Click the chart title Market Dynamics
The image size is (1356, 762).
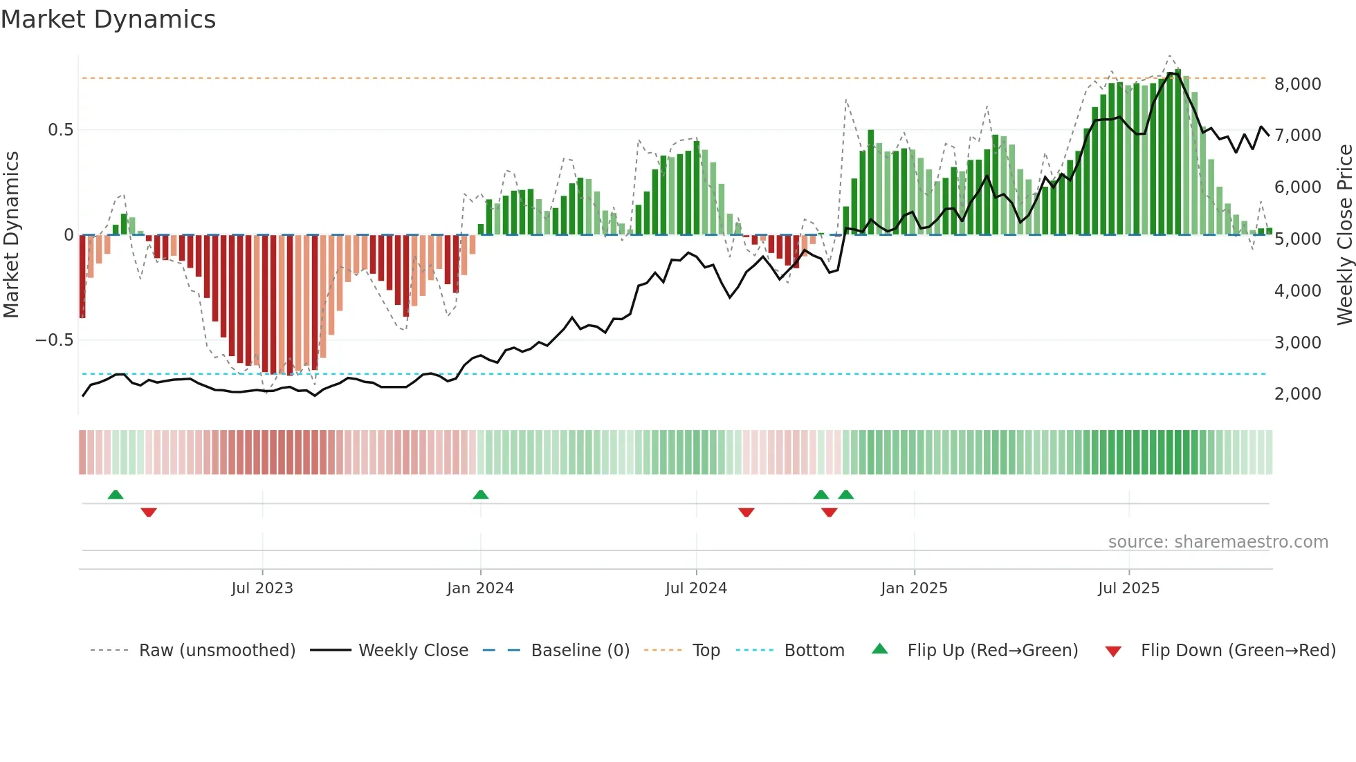[108, 19]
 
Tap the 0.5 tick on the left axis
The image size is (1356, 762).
[60, 130]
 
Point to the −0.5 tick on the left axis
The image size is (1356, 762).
[54, 340]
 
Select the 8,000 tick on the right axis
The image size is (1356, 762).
[1297, 84]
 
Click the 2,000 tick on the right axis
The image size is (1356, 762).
[1297, 394]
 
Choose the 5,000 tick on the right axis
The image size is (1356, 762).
[1297, 239]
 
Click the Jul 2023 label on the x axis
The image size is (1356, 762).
[262, 588]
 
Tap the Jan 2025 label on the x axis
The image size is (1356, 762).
[914, 588]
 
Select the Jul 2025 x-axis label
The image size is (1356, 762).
[1128, 588]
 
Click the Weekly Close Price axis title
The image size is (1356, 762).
[1344, 235]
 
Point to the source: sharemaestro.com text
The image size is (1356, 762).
[1218, 542]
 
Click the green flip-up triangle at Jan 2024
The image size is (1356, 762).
[481, 494]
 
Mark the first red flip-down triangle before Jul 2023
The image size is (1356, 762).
[149, 512]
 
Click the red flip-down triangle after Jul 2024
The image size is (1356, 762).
[746, 512]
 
